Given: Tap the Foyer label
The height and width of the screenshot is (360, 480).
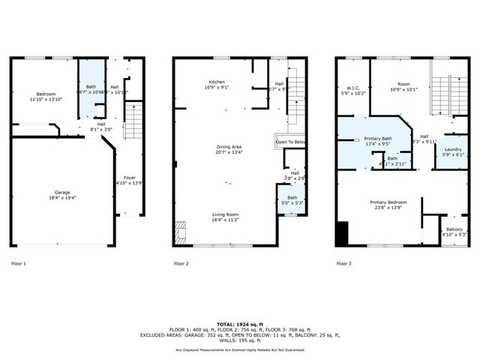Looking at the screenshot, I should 130,178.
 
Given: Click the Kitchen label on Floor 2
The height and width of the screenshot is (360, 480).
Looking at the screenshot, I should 217,82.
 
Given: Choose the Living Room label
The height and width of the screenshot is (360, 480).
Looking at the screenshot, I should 224,214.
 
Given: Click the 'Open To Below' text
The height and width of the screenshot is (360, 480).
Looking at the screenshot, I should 290,142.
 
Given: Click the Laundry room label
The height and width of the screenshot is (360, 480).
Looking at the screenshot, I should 453,149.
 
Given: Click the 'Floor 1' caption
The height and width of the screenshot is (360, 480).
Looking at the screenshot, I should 19,264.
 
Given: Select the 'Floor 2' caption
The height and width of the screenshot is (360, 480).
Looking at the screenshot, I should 181,264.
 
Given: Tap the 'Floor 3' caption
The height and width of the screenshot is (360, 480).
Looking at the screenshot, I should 343,264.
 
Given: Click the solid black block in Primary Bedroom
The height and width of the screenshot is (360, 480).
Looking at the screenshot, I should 343,234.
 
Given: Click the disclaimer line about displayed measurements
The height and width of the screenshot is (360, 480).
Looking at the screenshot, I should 240,349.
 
